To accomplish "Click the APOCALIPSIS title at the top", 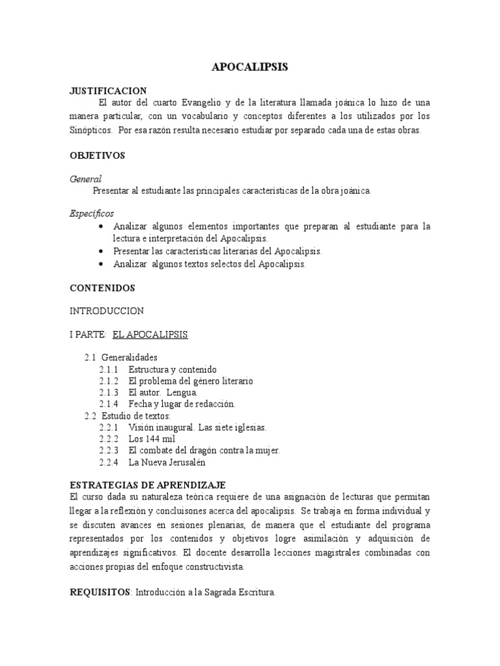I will click(250, 68).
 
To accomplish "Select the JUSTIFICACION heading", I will click(108, 90).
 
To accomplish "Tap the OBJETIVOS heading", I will click(97, 155).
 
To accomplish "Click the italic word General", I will click(85, 179).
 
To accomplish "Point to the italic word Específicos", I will click(92, 213).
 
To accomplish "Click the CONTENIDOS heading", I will click(102, 287).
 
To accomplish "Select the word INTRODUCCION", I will click(107, 311).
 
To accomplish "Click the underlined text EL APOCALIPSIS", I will click(150, 334).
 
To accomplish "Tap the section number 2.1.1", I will click(109, 369).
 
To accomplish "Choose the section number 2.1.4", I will click(109, 404).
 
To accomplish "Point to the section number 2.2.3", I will click(109, 451).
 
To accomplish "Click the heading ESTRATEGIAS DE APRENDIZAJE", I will click(147, 485).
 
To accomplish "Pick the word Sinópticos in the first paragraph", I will click(90, 130).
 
